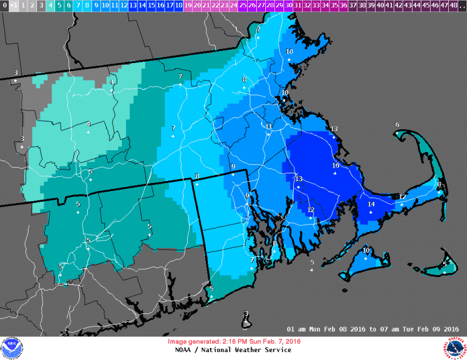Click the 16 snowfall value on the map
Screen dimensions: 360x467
pos(336,165)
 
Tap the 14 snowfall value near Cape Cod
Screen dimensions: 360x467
pos(371,204)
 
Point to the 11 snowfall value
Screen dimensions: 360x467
pos(269,126)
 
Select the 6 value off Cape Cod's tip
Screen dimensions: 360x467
pos(397,125)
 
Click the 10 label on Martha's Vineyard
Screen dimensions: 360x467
pos(366,250)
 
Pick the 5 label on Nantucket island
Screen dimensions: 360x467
pos(445,264)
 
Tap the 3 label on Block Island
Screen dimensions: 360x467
pos(246,313)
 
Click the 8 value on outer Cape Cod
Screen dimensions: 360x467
pos(439,184)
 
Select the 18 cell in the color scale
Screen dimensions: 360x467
pos(178,5)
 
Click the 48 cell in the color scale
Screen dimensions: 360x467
pos(453,5)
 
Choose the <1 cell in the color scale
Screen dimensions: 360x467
pos(14,5)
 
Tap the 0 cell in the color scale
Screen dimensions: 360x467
pos(4,5)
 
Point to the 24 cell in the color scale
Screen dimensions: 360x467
pos(233,5)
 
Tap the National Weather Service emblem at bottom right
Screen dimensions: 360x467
pos(454,348)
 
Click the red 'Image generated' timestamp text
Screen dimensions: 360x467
pos(233,342)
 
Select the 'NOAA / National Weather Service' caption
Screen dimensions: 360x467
pos(233,350)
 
